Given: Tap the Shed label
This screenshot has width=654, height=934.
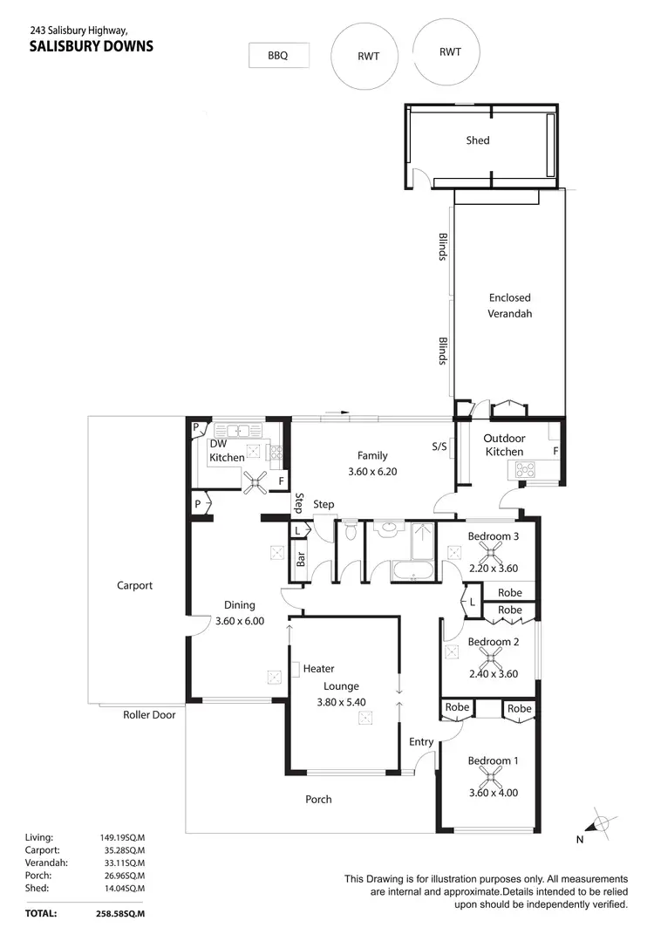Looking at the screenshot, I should [478, 140].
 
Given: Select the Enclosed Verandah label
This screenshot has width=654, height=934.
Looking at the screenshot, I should [509, 305].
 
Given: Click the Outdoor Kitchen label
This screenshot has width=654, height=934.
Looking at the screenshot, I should [504, 445].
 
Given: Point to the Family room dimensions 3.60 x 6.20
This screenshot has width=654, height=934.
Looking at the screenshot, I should [372, 472].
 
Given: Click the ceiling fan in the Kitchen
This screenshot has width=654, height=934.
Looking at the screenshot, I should [255, 480].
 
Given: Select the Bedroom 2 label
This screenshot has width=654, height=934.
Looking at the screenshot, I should [494, 643].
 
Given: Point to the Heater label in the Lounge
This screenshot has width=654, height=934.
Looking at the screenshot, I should [319, 669].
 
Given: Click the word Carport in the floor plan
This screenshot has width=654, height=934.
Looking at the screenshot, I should [135, 586].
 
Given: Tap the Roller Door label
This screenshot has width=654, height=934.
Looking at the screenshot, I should [149, 715].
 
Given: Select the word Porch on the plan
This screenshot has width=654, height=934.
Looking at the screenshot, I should [318, 799].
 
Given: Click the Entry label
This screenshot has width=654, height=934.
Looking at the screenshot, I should [421, 742].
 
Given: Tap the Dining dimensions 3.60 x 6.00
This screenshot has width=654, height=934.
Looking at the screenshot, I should [240, 622].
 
